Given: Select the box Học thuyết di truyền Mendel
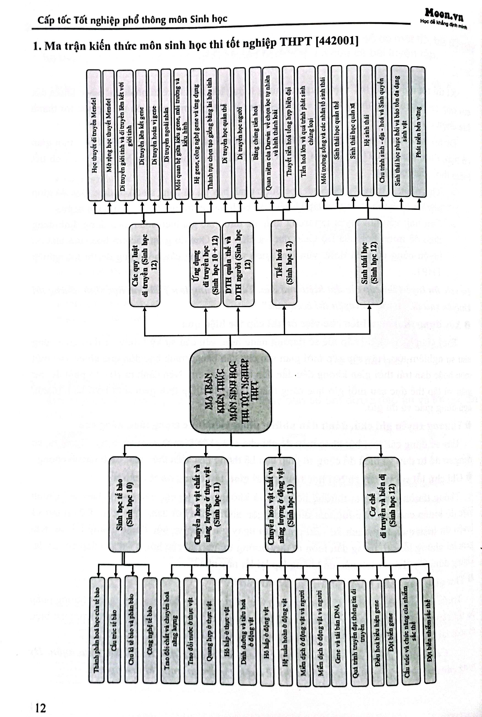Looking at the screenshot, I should click(95, 135).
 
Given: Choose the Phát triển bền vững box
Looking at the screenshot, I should click(418, 132).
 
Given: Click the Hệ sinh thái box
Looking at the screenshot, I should click(367, 131).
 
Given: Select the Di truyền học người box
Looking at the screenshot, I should click(240, 133).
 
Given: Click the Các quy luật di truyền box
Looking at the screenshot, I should click(144, 265).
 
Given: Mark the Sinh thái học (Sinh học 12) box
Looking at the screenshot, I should click(369, 262).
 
